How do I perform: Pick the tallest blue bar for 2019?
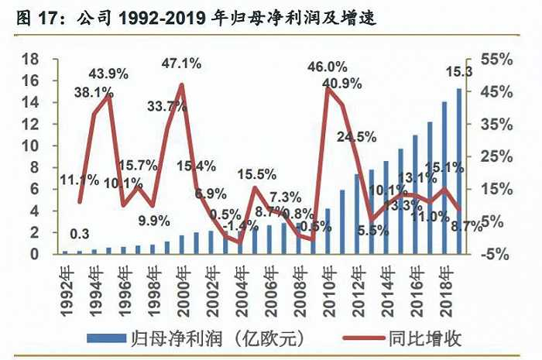tap(459, 171)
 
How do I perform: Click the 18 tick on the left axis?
tap(30, 60)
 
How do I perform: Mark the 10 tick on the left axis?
tap(30, 146)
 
